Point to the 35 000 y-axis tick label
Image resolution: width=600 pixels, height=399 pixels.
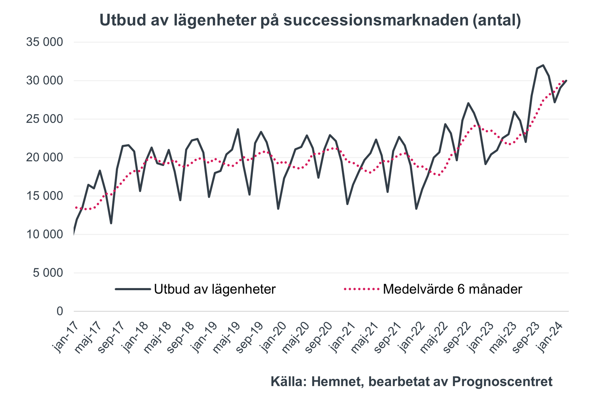[44, 42]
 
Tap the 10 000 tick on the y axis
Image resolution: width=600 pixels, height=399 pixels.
[44, 234]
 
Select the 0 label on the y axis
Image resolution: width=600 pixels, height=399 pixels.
[59, 311]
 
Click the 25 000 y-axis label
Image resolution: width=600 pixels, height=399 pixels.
[44, 119]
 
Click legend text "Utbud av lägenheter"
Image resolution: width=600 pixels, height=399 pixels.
[214, 289]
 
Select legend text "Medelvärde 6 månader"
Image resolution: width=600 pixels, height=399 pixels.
[452, 289]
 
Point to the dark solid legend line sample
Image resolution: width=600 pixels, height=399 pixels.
[133, 289]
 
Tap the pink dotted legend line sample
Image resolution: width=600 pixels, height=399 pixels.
[361, 289]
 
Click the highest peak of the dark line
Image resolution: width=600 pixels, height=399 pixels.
[543, 65]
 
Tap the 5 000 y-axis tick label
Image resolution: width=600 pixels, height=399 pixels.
[48, 273]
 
